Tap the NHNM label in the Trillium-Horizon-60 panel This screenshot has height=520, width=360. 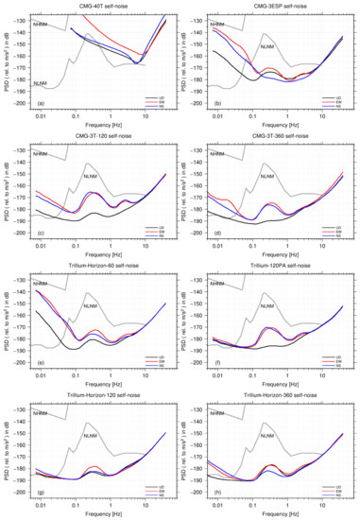(x=41, y=284)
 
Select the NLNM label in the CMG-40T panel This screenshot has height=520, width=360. (x=41, y=84)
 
